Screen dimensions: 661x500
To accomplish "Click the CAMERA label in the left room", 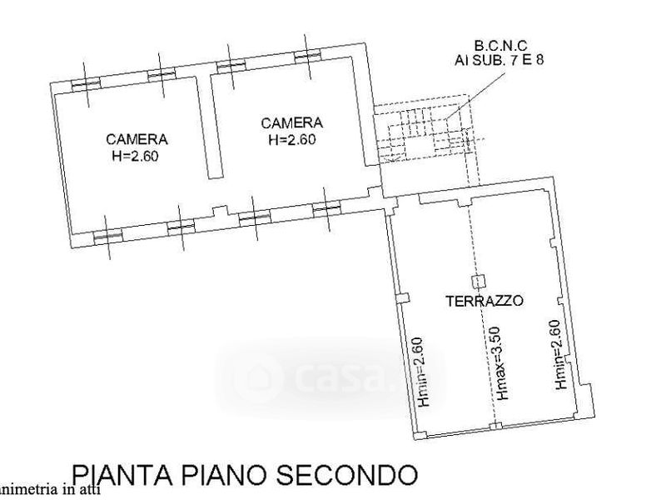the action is coord(137,139).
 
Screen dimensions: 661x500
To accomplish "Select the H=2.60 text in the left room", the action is coord(137,155).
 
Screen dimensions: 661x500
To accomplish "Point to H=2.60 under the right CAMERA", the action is coord(291,140).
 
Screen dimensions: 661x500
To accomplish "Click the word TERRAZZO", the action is coord(484,301).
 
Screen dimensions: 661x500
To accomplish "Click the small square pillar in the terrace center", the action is coord(478,282).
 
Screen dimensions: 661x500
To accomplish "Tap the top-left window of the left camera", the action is coord(85,82).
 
